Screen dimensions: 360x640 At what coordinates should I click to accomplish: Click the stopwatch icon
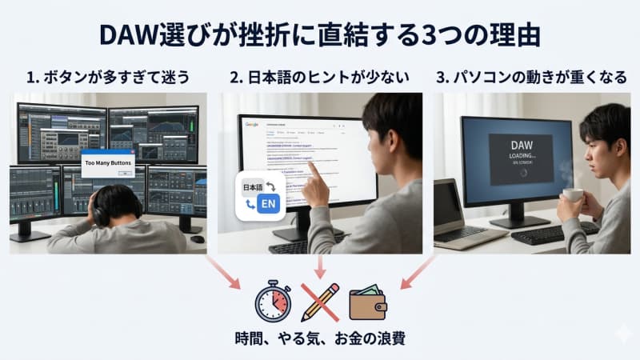(272, 302)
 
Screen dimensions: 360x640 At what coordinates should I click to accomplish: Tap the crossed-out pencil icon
(320, 302)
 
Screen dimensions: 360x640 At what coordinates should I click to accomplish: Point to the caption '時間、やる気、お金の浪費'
(320, 338)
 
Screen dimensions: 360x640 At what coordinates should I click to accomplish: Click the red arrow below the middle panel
(320, 266)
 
